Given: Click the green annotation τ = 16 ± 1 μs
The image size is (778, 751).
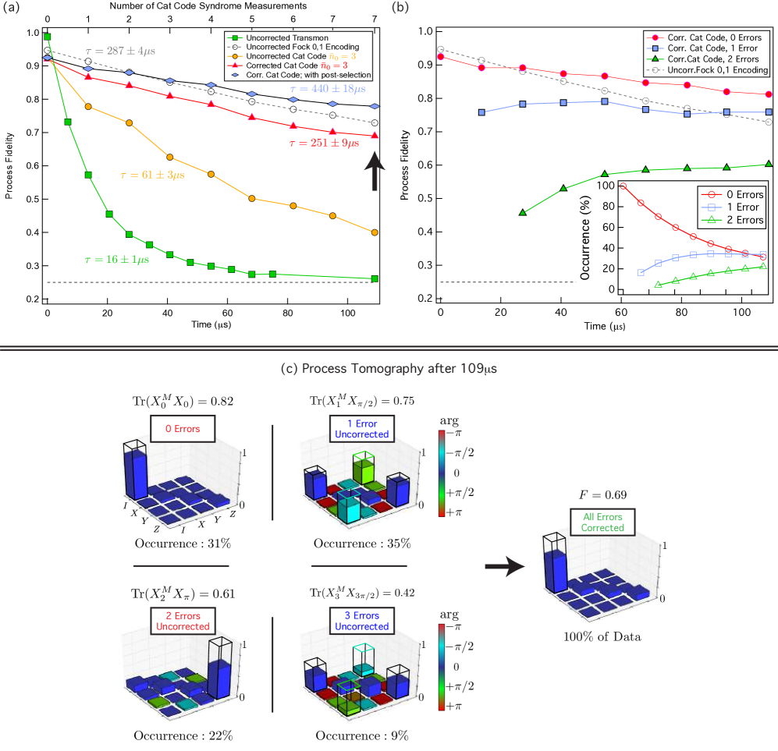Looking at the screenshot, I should (116, 259).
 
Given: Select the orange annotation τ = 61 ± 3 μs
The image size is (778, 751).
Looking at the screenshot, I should (152, 175).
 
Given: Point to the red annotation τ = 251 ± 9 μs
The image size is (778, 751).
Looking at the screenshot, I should (324, 143).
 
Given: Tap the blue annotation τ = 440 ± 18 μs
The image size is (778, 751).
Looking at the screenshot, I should (327, 90).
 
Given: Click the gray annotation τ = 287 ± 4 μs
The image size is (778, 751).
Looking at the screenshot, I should (120, 51).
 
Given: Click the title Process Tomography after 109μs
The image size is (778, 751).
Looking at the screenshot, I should (389, 369).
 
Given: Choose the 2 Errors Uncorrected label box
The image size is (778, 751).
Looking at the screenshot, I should (183, 622).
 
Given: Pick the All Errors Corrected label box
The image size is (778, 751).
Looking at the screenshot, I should (602, 523).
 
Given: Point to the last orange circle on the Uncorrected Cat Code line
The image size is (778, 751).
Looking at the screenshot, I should (375, 232).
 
